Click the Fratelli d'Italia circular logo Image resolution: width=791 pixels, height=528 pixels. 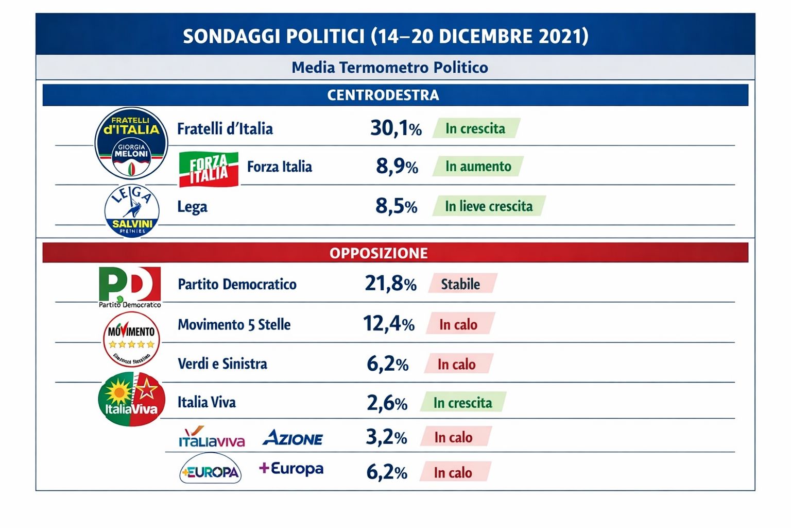click(x=131, y=143)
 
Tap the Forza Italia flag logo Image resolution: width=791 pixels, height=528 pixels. click(x=209, y=169)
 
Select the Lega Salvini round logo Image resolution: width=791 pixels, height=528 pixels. click(x=132, y=210)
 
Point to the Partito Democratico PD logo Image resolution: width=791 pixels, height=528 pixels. click(x=130, y=285)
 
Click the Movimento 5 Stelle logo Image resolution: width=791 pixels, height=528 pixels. click(x=131, y=339)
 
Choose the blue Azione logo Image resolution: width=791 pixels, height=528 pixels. click(x=293, y=438)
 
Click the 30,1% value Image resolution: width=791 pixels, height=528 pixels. click(x=395, y=128)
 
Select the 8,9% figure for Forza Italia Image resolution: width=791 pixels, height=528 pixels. click(x=397, y=167)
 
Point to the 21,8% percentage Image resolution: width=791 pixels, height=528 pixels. click(x=390, y=284)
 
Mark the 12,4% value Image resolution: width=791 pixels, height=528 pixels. click(x=389, y=324)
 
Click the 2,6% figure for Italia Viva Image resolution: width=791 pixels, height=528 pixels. click(x=387, y=403)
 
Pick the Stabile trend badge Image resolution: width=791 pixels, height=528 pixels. click(x=461, y=284)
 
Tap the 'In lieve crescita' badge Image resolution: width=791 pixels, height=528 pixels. click(x=489, y=206)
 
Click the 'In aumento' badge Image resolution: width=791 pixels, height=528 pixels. click(x=478, y=167)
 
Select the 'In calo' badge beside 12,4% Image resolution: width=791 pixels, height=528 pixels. click(x=459, y=324)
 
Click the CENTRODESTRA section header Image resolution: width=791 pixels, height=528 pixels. click(x=383, y=95)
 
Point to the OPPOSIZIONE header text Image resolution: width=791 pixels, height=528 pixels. click(x=379, y=253)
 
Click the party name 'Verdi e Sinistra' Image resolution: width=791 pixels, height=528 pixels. click(x=222, y=364)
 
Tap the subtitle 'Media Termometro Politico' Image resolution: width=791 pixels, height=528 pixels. click(x=390, y=68)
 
